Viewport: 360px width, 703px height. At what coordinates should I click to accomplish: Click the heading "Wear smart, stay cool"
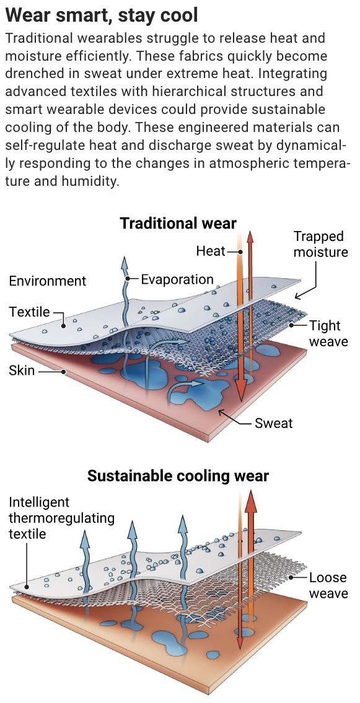[102, 15]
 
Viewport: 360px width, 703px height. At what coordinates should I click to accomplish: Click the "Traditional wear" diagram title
[178, 223]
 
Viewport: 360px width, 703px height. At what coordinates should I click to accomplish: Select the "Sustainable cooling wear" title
[178, 476]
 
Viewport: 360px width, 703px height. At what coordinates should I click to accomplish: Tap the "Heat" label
[210, 251]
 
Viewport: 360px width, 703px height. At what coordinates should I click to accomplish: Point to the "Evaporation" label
[177, 280]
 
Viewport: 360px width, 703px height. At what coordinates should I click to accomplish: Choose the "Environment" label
[48, 281]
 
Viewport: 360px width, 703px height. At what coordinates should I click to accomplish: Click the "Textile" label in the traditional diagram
[30, 312]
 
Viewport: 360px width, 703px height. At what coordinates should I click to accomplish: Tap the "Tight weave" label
[328, 333]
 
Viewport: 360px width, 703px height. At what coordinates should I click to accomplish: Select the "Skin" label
[22, 371]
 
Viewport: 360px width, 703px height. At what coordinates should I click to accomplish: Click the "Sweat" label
[273, 422]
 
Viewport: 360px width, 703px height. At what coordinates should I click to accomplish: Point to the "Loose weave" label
[328, 585]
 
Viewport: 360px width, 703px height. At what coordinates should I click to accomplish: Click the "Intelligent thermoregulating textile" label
[61, 518]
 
